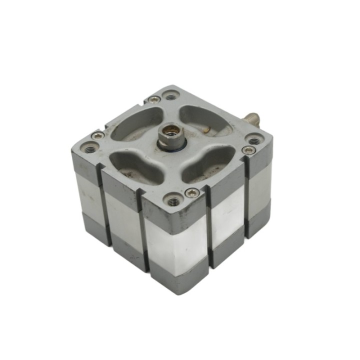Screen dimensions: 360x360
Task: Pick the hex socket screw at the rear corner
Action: click(155, 99)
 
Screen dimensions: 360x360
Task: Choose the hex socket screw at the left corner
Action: click(98, 135)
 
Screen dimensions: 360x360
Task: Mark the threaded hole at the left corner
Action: click(91, 147)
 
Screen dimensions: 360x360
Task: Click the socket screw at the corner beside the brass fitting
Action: click(248, 150)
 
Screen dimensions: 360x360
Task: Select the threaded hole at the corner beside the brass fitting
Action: click(254, 141)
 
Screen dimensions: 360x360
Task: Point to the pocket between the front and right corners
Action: click(208, 162)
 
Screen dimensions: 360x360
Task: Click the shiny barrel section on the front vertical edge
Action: click(175, 240)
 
